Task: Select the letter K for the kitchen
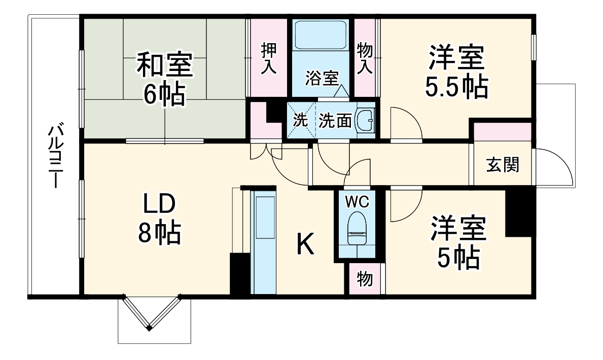tap(305, 245)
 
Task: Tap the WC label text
tap(358, 201)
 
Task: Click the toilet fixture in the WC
tap(358, 228)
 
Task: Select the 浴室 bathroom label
tap(322, 79)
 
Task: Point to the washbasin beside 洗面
tap(365, 121)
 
